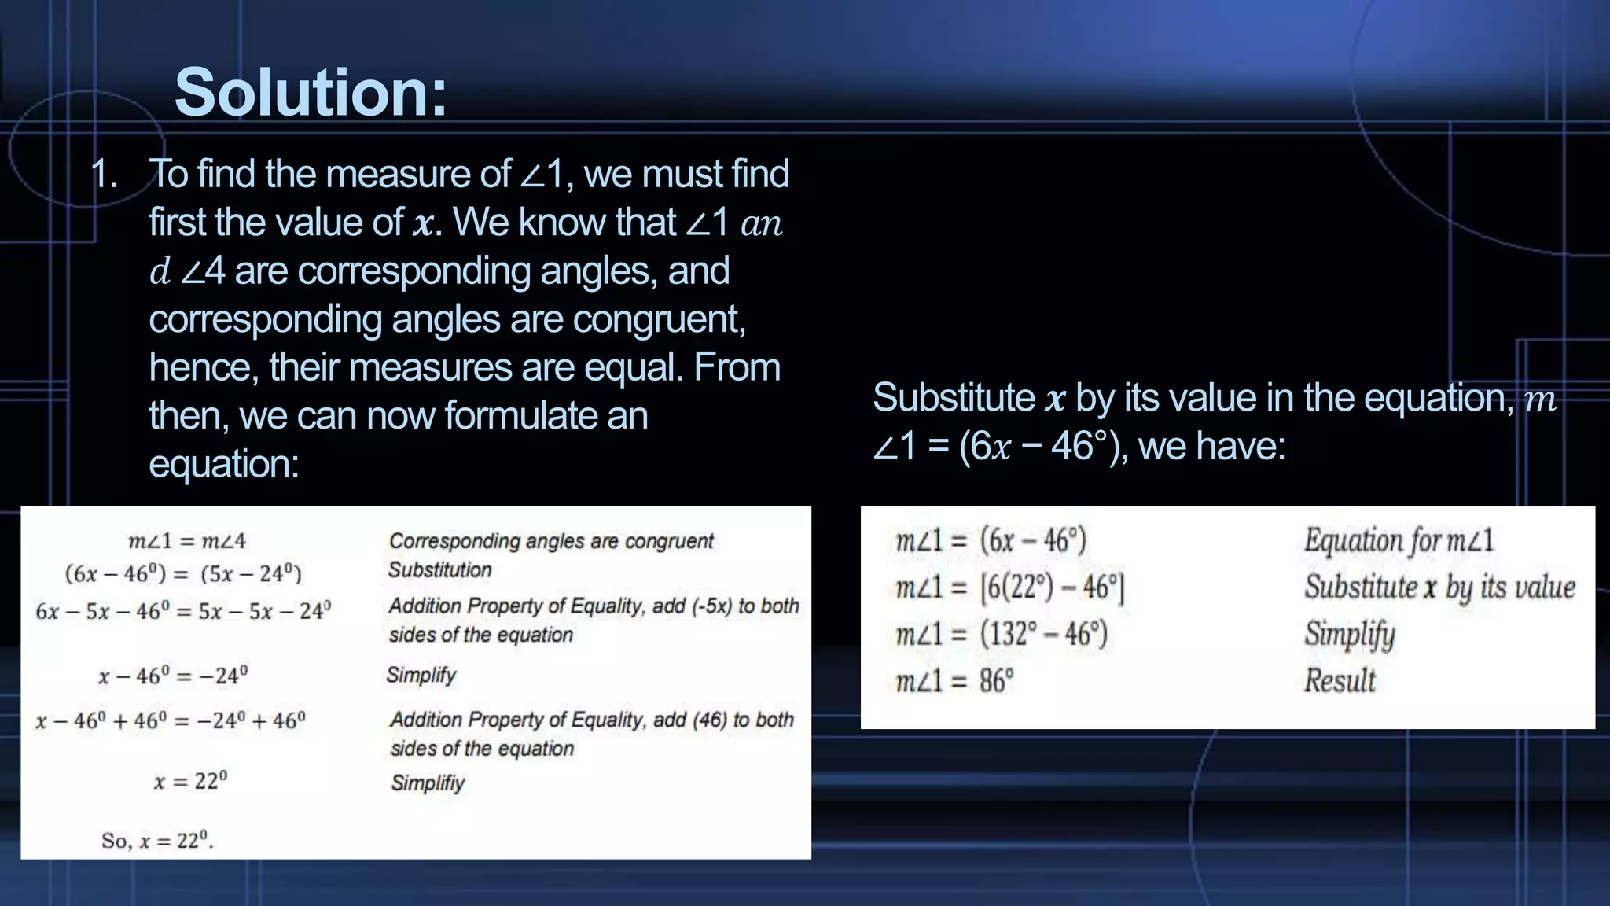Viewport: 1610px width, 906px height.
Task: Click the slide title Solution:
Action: (x=311, y=93)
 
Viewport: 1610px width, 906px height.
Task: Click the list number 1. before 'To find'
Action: (x=104, y=174)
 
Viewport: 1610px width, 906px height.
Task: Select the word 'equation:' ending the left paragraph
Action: (x=224, y=463)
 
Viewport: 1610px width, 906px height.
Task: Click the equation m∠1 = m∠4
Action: (x=186, y=541)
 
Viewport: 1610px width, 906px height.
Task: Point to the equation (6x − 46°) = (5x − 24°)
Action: (x=183, y=573)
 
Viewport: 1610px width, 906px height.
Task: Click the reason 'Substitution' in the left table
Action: (x=439, y=570)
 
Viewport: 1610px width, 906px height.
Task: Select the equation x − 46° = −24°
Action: (x=172, y=676)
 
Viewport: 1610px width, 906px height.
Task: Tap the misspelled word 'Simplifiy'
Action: (x=428, y=783)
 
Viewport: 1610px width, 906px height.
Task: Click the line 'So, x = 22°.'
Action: (x=157, y=841)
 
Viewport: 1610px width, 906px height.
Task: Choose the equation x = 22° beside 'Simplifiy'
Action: (x=190, y=781)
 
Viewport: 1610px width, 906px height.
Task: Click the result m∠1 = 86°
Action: (x=954, y=680)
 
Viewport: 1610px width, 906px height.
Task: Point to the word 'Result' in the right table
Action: (x=1340, y=680)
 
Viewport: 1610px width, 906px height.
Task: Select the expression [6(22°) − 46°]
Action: (x=1052, y=587)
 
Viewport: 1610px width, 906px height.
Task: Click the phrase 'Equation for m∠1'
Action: (x=1399, y=540)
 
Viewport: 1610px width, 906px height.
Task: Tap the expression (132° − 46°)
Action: (x=1043, y=634)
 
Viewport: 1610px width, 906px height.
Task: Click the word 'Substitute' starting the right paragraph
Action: (x=953, y=397)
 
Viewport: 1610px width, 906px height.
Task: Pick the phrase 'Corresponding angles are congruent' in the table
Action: (x=551, y=541)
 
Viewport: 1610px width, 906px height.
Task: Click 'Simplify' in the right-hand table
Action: (x=1349, y=634)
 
